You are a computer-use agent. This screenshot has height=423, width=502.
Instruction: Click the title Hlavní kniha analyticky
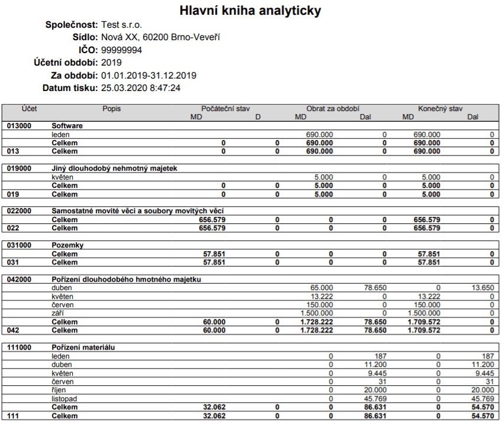click(x=251, y=11)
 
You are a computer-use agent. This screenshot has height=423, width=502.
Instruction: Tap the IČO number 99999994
click(x=122, y=50)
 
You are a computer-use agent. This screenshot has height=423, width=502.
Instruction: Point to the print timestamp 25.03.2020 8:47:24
click(x=141, y=88)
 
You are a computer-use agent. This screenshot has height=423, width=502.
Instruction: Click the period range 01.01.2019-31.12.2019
click(x=149, y=76)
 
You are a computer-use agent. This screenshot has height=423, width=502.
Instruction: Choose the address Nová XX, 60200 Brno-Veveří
click(x=161, y=38)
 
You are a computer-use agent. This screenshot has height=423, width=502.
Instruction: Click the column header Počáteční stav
click(x=226, y=109)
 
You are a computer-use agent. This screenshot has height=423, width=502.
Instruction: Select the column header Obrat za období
click(x=333, y=109)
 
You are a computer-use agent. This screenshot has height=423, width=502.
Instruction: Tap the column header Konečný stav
click(x=441, y=109)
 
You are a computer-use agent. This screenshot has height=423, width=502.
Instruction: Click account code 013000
click(x=19, y=126)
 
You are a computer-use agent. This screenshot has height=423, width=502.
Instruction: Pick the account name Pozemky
click(x=68, y=245)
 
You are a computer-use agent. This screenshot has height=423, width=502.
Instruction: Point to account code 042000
click(x=19, y=279)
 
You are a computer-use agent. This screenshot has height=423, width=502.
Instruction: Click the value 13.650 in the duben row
click(x=482, y=288)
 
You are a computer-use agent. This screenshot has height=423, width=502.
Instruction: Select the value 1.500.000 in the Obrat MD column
click(x=317, y=313)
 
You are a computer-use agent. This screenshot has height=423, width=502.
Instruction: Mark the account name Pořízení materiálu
click(x=83, y=347)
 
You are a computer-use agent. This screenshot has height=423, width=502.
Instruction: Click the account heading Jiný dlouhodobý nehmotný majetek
click(x=115, y=168)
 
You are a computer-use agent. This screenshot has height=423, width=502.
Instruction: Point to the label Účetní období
click(x=66, y=63)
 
